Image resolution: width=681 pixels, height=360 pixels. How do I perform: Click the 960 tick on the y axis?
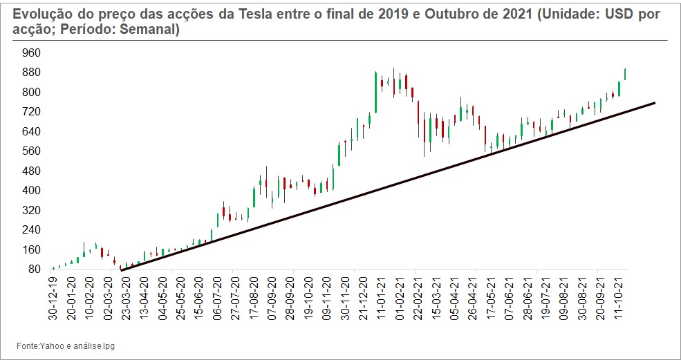32,53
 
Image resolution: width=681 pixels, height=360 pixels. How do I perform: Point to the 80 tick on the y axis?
35,269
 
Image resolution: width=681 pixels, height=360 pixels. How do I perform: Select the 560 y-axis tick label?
32,151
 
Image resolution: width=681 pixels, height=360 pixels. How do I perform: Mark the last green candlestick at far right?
625,74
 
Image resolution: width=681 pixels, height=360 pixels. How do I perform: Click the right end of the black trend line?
653,103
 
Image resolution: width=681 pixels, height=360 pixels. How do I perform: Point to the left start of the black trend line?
122,270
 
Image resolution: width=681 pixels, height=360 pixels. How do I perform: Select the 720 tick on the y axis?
32,111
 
